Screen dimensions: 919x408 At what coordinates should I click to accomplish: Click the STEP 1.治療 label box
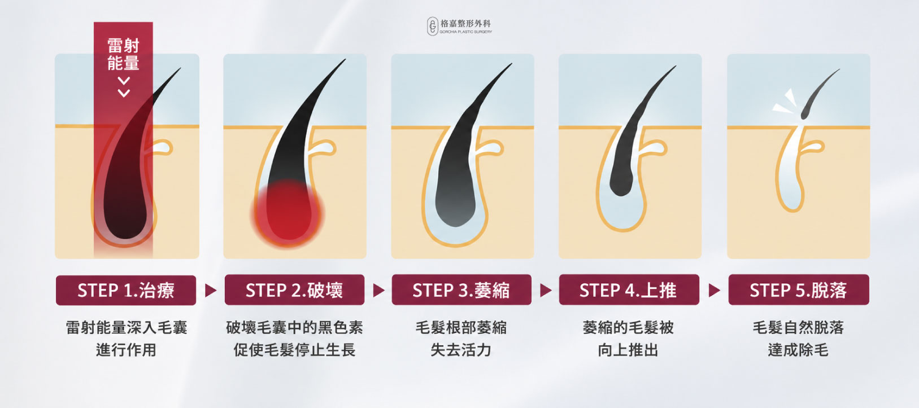tap(126, 290)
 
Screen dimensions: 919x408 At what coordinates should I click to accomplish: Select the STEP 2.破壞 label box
tap(295, 290)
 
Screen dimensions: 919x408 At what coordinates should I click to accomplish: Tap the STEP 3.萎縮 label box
tap(461, 290)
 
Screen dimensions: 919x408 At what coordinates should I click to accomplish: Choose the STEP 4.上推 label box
tap(629, 290)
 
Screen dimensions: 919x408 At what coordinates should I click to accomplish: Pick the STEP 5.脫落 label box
tap(799, 290)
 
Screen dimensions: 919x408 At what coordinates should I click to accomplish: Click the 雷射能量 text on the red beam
tap(123, 54)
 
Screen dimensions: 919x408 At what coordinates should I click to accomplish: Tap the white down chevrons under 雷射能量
tap(124, 87)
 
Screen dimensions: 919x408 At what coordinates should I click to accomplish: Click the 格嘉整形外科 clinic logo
tap(459, 26)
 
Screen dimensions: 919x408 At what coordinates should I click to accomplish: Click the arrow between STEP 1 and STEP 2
tap(211, 290)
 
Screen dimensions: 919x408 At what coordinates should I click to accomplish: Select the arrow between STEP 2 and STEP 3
tap(378, 290)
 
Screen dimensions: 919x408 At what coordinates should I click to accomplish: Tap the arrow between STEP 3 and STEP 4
tap(546, 290)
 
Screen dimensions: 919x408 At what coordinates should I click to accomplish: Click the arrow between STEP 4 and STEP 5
tap(715, 290)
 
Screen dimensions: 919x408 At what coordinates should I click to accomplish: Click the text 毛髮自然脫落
tap(798, 328)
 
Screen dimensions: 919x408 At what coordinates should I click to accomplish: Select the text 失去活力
tap(461, 350)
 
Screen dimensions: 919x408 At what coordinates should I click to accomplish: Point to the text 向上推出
tap(628, 350)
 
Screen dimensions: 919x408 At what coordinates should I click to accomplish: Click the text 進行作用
tap(126, 350)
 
